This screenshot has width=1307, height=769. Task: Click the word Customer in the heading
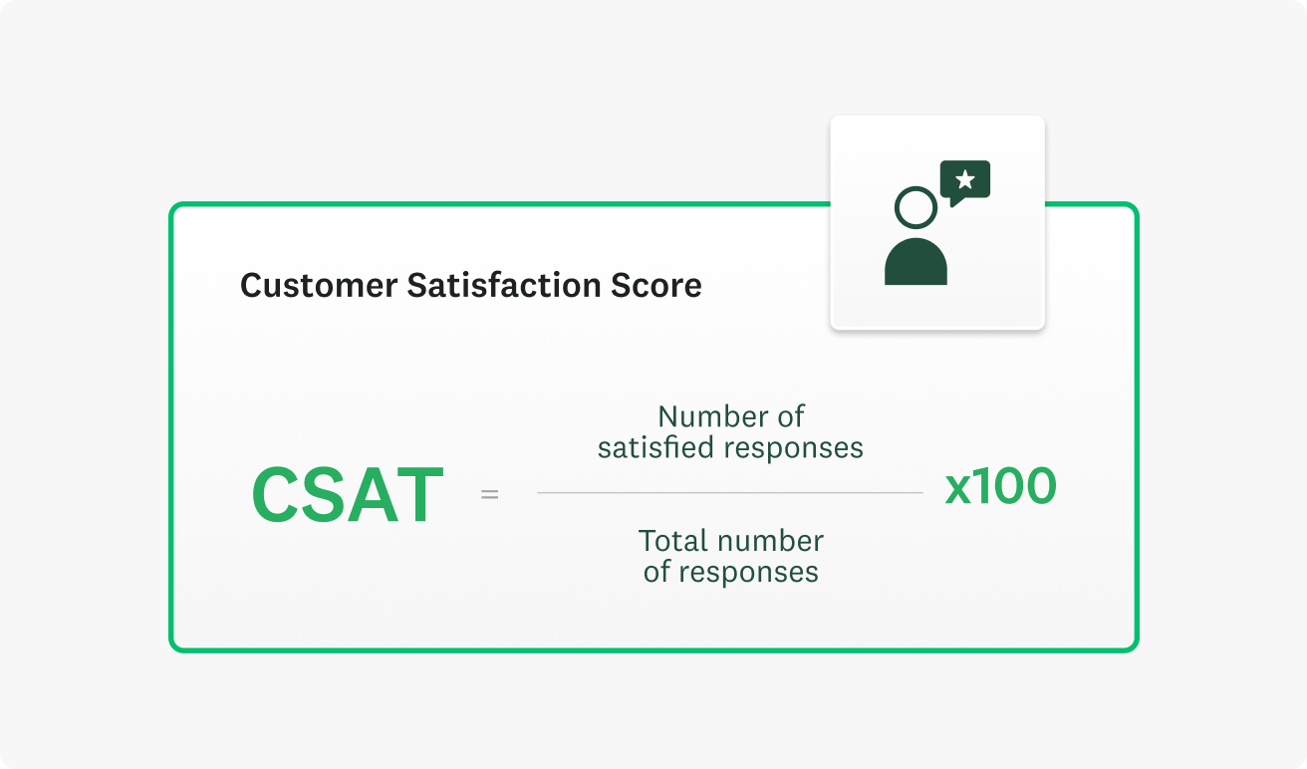point(319,286)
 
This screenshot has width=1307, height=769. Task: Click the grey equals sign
point(490,493)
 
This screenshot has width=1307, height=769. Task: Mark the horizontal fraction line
point(729,492)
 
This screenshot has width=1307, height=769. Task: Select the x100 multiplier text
point(1000,487)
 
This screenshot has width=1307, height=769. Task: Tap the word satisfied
point(657,448)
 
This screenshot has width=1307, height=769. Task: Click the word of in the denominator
point(657,573)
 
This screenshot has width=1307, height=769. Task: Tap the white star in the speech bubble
point(964,179)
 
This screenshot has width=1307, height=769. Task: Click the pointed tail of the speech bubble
point(953,202)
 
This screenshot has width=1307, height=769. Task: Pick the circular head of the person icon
point(915,208)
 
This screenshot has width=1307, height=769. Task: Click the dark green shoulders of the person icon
point(915,264)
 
